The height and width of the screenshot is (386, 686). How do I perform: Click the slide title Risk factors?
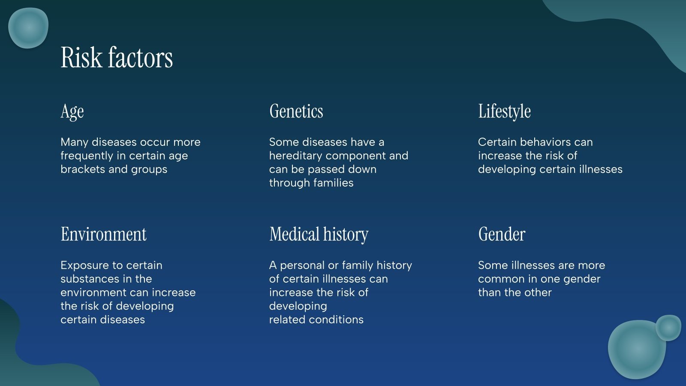click(x=117, y=57)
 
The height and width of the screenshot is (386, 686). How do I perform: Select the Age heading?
click(x=72, y=112)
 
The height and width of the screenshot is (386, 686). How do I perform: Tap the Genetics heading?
click(x=296, y=112)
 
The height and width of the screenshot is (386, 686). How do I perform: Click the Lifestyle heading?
click(x=504, y=112)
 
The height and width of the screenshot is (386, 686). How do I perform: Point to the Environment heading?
click(x=103, y=235)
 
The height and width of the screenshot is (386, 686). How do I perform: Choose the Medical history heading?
click(x=319, y=235)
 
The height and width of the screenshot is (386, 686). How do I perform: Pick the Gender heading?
click(x=502, y=235)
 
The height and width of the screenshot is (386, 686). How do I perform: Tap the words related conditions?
click(x=316, y=320)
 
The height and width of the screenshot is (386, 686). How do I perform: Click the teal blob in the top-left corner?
click(x=28, y=28)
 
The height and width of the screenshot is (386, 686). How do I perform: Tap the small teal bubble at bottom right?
click(x=668, y=328)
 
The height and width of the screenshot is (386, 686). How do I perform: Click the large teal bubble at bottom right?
click(x=636, y=350)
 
